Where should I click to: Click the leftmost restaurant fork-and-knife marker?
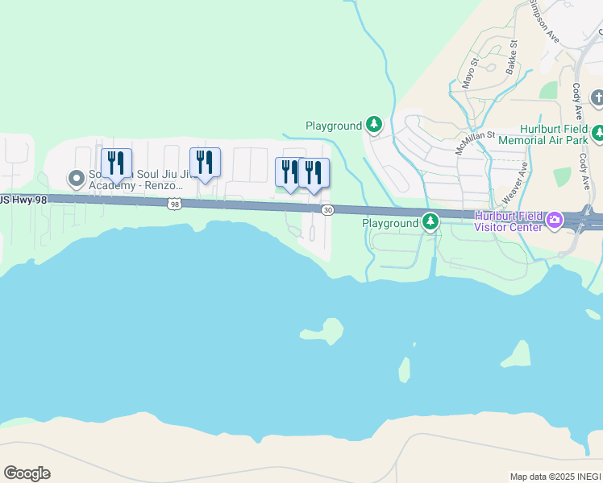[x=116, y=163]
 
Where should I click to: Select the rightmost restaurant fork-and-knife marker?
[x=314, y=173]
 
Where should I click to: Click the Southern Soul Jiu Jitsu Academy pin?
[x=77, y=178]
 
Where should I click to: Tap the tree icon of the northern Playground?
[x=373, y=125]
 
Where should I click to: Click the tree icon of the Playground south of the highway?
[x=431, y=221]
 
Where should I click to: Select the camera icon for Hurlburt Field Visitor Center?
[x=554, y=220]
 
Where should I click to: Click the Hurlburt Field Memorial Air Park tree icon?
[x=597, y=133]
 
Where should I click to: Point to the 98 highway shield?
[x=174, y=204]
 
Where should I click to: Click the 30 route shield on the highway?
[x=327, y=210]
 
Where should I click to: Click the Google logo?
[x=27, y=473]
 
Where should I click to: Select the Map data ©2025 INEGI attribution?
[x=555, y=477]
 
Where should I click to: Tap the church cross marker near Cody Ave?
[x=597, y=98]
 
